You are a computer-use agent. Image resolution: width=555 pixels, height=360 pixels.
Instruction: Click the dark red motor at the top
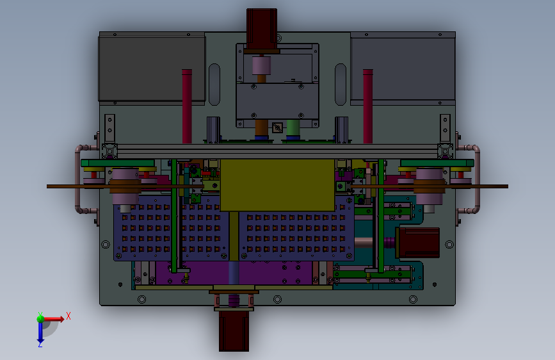tap(262, 29)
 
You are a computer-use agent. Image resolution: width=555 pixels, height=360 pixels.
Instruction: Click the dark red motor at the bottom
tap(234, 331)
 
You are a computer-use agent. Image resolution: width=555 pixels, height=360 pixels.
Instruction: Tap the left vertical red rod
tap(187, 106)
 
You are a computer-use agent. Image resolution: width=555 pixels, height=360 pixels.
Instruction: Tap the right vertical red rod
tap(367, 106)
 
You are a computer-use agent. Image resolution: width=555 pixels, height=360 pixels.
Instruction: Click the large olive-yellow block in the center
tap(278, 185)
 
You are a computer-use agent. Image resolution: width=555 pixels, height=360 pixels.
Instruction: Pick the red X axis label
tap(68, 316)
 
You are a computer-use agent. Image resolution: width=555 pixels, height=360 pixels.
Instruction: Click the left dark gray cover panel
tap(152, 69)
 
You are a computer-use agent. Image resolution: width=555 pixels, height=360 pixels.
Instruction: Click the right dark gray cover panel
tap(403, 69)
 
